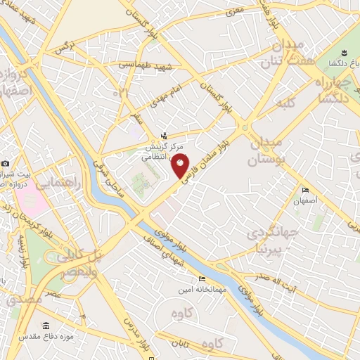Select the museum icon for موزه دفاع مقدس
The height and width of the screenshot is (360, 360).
click(x=46, y=326)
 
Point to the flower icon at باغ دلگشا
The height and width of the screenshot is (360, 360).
click(x=344, y=54)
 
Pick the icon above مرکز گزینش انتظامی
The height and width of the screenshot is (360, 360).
click(x=165, y=136)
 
